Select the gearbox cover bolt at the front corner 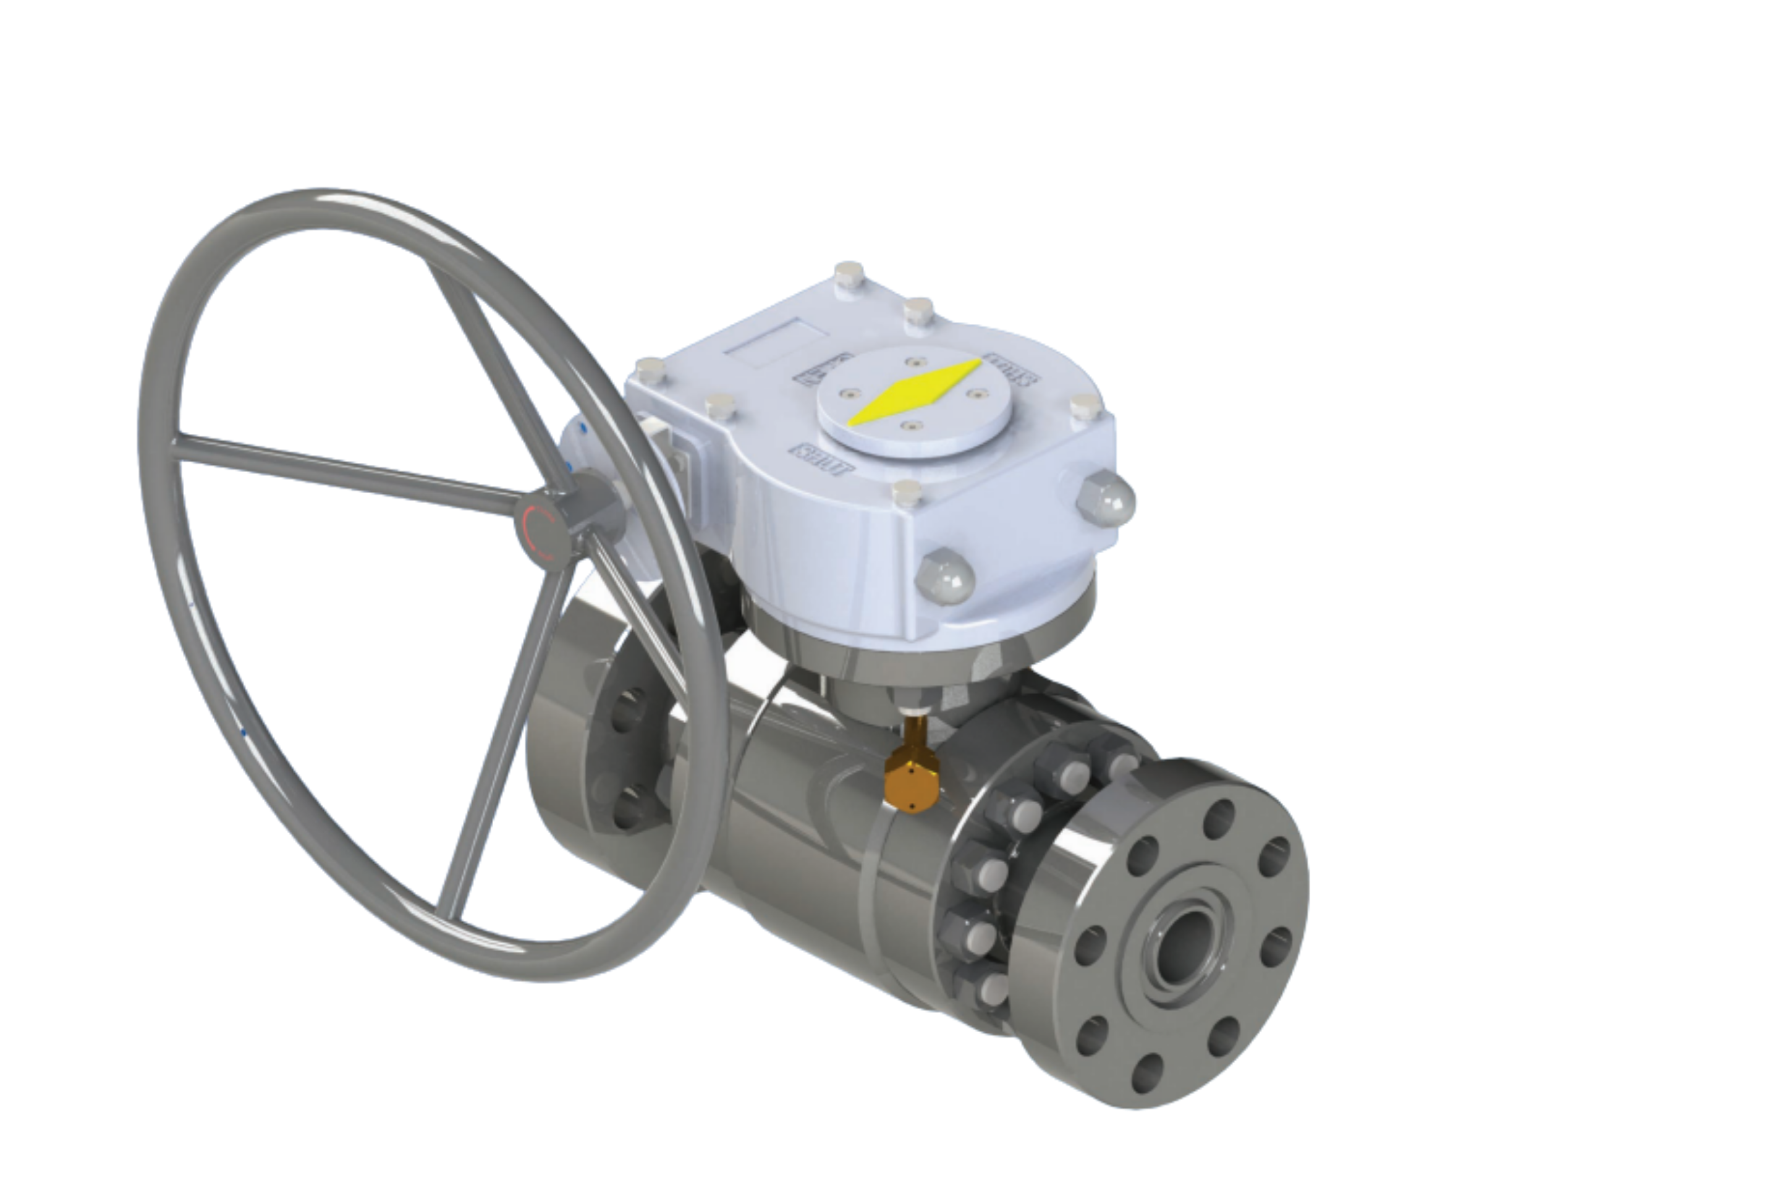coord(907,491)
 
